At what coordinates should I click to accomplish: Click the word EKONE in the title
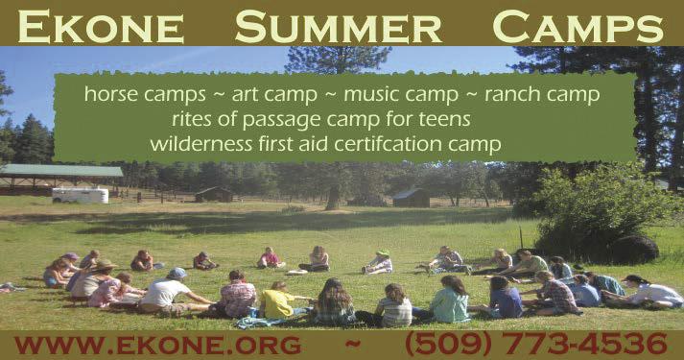coord(101,27)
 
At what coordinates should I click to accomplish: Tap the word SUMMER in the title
coord(339,27)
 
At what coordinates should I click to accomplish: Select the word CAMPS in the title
coord(578,27)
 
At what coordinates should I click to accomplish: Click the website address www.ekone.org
coord(157,345)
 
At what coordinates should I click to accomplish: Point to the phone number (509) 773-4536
coord(536,344)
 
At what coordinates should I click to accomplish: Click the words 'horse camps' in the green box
coord(145,95)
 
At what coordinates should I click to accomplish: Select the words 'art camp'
coord(274,95)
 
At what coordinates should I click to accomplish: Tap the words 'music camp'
coord(401,95)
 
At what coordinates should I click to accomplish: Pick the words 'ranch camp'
coord(542,95)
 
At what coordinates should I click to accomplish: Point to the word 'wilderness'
coord(201,144)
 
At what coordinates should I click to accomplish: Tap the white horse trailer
coord(81,196)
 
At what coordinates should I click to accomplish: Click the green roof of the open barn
coord(61,170)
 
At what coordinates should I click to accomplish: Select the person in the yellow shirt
coord(277,300)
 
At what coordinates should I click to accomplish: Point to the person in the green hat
coord(378,263)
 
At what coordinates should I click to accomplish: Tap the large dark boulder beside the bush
coord(635,250)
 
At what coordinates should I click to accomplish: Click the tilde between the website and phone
coord(353,344)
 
